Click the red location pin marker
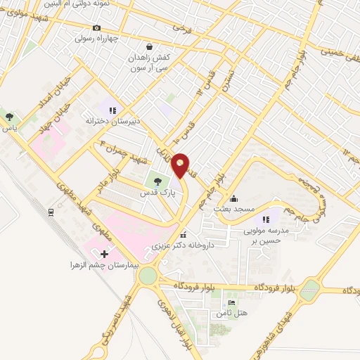pos(181,165)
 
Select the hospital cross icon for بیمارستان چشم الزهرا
pos(105,253)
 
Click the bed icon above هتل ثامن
pos(231,302)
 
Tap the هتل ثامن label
pos(231,312)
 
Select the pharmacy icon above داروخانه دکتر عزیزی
pos(183,236)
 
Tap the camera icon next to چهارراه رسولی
pos(96,28)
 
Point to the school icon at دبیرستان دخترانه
pos(111,109)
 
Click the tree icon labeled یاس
pos(9,117)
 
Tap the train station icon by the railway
pos(51,211)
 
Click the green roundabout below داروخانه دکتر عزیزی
pos(148,276)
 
